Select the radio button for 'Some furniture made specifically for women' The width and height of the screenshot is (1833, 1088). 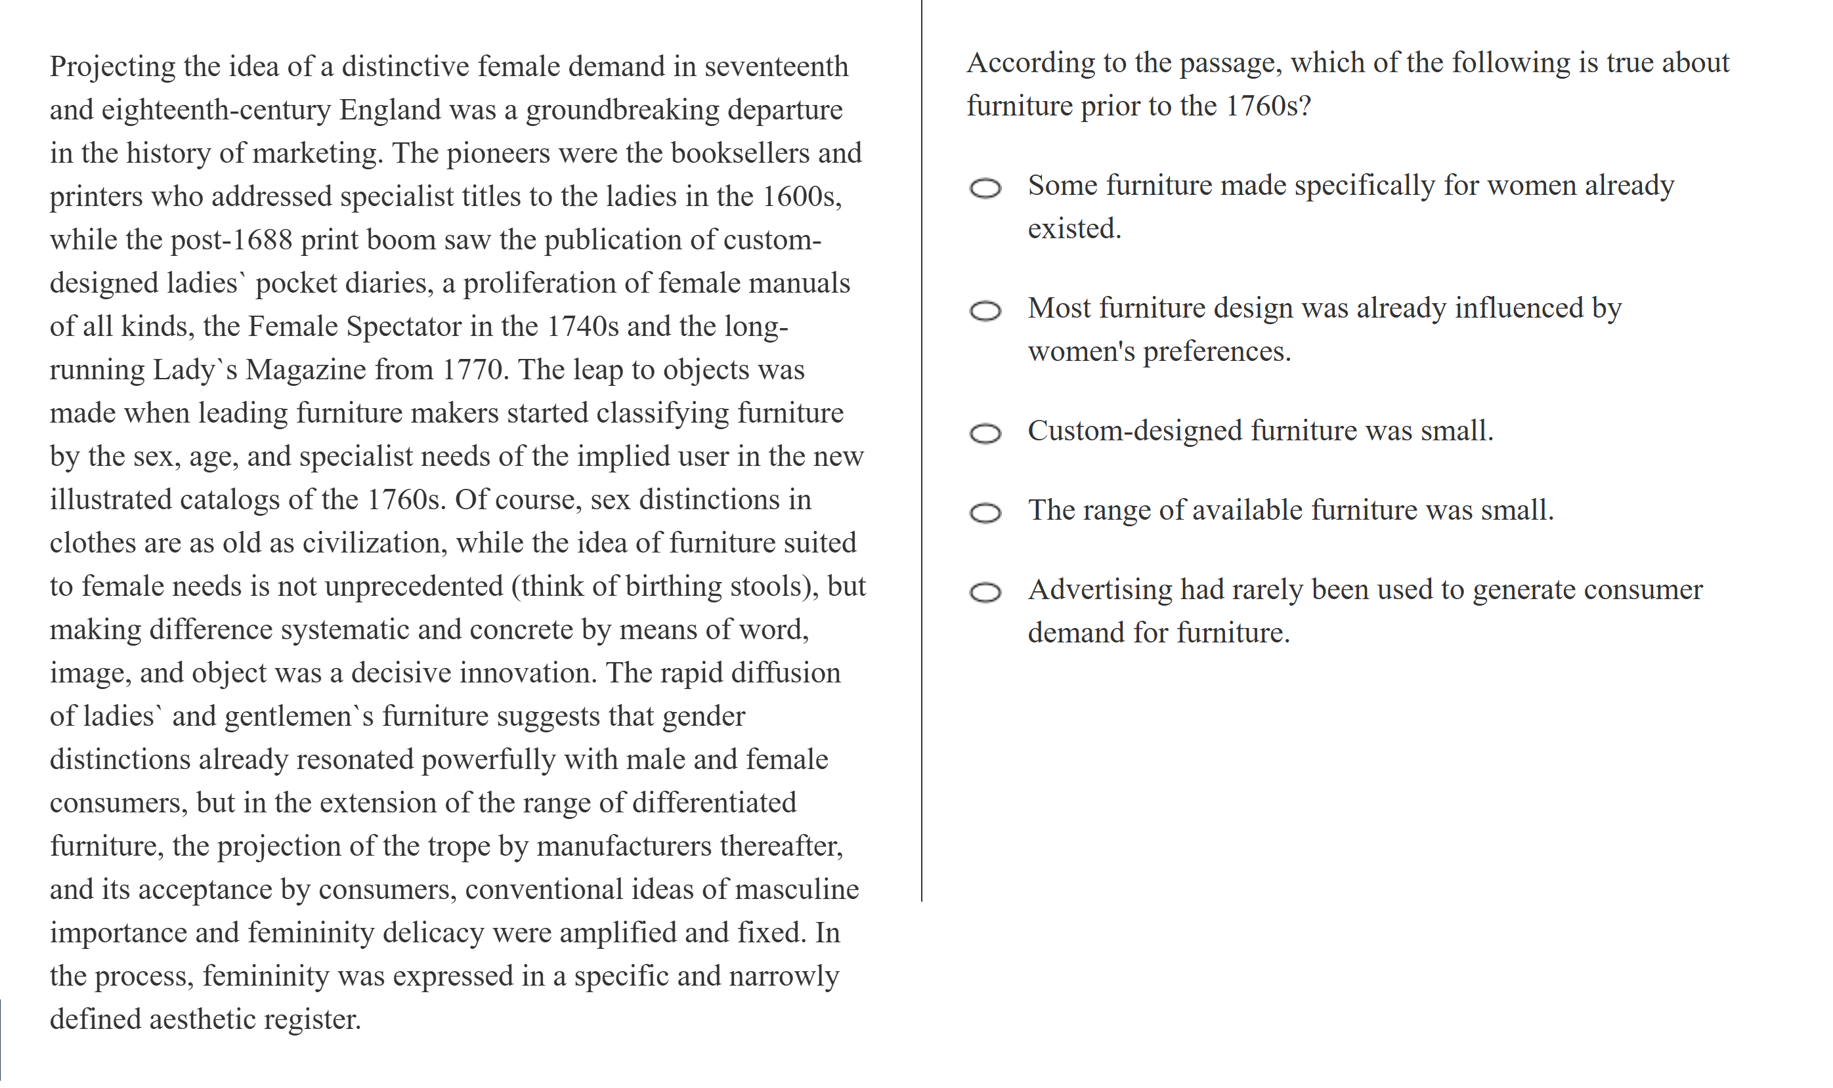pyautogui.click(x=984, y=188)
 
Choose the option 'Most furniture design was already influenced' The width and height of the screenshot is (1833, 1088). pyautogui.click(x=984, y=311)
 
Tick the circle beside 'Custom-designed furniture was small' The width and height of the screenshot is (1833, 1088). pyautogui.click(x=984, y=433)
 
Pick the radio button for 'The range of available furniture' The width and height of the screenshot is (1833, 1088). pyautogui.click(x=984, y=513)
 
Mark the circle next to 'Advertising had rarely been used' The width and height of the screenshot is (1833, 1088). pyautogui.click(x=984, y=592)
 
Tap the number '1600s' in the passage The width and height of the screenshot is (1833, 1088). pyautogui.click(x=801, y=196)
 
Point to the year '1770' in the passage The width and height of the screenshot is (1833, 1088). pyautogui.click(x=473, y=369)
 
